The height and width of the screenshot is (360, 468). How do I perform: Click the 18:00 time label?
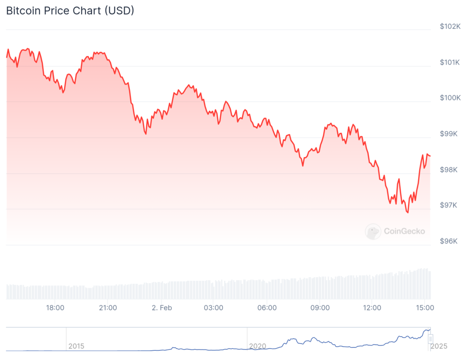pos(55,308)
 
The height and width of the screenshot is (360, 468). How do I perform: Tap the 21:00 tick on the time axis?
pos(108,308)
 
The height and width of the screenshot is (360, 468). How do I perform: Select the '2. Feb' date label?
pos(162,308)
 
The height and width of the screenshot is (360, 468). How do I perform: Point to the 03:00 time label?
pos(213,308)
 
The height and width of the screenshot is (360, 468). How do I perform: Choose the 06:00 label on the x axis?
pos(267,308)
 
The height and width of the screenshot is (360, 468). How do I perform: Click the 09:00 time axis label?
pos(320,308)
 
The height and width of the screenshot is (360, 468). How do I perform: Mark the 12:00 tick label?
pos(372,308)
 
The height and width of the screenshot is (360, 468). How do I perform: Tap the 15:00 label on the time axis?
pos(425,308)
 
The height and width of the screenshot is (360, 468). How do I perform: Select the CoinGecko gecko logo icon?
pos(373,231)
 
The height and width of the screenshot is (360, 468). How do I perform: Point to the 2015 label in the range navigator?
pos(76,346)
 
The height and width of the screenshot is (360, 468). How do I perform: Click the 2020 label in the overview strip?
pos(257,346)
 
